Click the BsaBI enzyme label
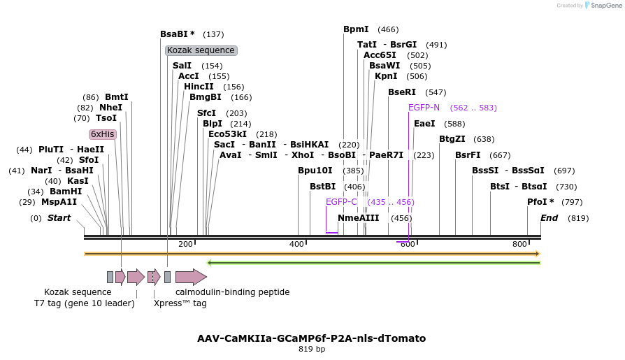177,34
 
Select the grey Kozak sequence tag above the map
201,50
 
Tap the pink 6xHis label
102,134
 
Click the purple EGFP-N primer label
424,108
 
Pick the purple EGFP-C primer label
341,202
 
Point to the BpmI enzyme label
356,29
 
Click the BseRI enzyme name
402,92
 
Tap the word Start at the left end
59,218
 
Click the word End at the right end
549,218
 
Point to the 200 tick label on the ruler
185,244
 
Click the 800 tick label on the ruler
519,244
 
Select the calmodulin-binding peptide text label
232,292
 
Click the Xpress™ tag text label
180,303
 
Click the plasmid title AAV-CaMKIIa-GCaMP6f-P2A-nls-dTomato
311,338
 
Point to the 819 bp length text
311,349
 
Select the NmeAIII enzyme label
358,218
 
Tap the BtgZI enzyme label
452,139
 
